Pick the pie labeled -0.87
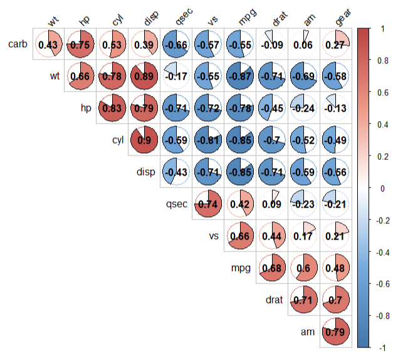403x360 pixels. (241, 76)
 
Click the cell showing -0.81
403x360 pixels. (209, 140)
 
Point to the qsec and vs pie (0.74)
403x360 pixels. (209, 204)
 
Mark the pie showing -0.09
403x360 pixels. (273, 45)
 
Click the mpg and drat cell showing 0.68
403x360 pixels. (273, 268)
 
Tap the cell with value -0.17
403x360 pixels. (177, 76)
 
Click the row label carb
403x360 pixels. (18, 45)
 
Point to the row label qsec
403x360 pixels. (175, 204)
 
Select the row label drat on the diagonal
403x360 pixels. (273, 300)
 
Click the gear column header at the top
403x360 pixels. (342, 21)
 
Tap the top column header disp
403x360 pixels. (150, 21)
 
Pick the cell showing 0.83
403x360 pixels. (113, 108)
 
